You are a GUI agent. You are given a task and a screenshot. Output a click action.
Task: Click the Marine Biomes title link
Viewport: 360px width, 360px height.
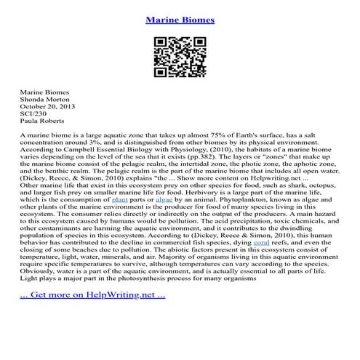pos(180,20)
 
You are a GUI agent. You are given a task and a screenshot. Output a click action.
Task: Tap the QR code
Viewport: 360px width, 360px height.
pos(180,57)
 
